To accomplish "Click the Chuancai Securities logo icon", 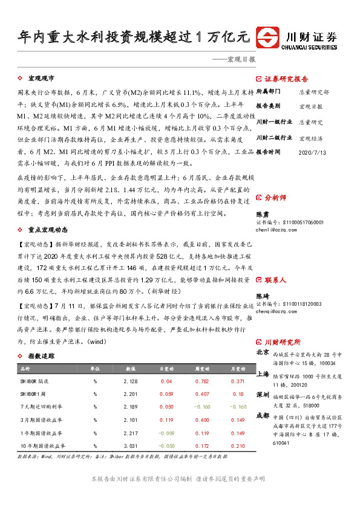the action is [267, 38].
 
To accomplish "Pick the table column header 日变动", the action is [166, 368].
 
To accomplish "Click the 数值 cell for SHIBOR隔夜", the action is [130, 381].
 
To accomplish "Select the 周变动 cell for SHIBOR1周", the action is [202, 394].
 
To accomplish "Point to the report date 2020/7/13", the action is [313, 152].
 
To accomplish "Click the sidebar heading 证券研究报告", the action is [286, 79].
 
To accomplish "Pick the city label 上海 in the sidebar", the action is [263, 374].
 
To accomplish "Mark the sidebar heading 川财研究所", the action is [283, 342].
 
